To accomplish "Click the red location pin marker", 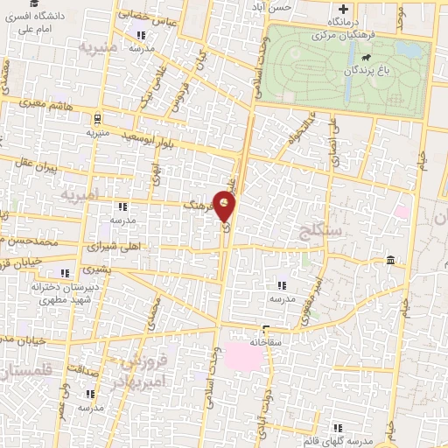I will pyautogui.click(x=227, y=206).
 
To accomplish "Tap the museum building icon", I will pyautogui.click(x=390, y=260).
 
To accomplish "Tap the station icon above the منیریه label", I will pyautogui.click(x=96, y=118).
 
